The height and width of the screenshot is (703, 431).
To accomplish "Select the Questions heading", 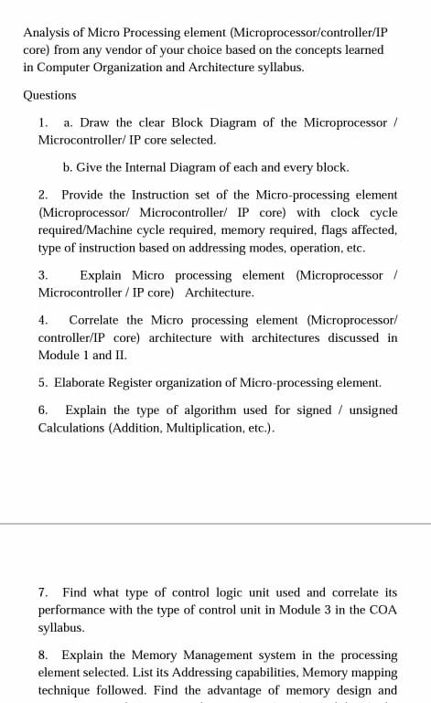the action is pyautogui.click(x=50, y=95).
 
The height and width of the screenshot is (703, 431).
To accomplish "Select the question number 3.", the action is pyautogui.click(x=43, y=275).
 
